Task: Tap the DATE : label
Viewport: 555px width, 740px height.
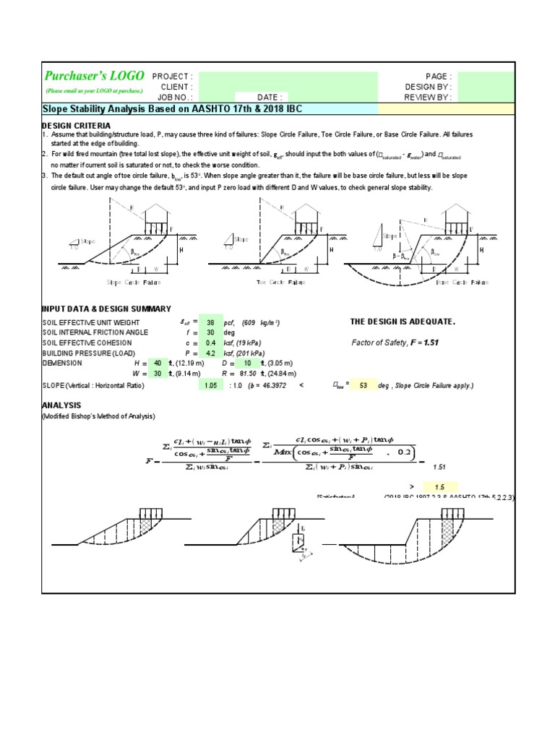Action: coord(272,97)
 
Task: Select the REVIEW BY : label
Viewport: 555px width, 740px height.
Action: coord(429,97)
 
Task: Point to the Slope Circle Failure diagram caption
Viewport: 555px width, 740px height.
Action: coord(135,282)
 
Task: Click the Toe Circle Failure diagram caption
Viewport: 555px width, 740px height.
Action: coord(285,282)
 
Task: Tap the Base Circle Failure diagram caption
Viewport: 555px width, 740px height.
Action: coord(462,282)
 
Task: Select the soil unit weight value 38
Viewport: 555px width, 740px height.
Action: coord(210,322)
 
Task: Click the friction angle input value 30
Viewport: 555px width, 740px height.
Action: coord(210,332)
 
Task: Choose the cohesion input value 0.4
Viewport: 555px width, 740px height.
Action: coord(210,343)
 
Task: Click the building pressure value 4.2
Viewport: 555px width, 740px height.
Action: coord(210,353)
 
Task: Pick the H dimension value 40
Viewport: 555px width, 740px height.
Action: coord(158,363)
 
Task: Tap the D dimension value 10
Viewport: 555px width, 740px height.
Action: coord(246,363)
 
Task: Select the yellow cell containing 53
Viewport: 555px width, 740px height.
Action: coord(363,386)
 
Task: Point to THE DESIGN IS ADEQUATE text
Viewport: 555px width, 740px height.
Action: coord(403,322)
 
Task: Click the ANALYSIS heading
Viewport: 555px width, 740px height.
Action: coord(61,405)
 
